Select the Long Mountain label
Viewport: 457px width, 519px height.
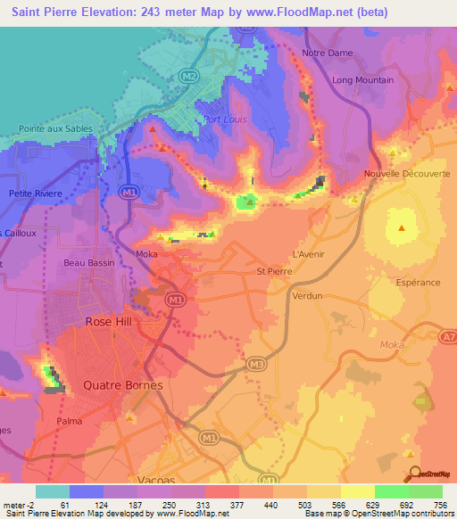click(362, 80)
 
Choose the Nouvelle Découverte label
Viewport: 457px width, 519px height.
click(407, 174)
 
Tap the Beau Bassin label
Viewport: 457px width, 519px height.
click(86, 263)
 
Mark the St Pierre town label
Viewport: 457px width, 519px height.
click(273, 271)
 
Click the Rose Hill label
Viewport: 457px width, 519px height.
click(109, 321)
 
